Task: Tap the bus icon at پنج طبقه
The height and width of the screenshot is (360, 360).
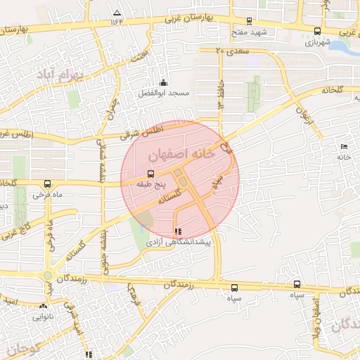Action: coord(150,174)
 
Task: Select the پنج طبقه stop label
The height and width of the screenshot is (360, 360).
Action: coord(150,184)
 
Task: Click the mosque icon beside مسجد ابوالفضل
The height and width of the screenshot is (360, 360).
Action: coord(163,82)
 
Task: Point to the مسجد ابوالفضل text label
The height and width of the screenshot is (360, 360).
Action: coord(162,93)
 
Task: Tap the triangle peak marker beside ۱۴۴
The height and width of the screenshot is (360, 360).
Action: coord(116,13)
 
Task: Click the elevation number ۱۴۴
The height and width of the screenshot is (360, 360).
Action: coord(116,22)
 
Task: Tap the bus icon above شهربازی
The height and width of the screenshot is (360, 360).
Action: coord(317,32)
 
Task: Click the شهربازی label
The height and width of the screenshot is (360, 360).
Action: coord(317,42)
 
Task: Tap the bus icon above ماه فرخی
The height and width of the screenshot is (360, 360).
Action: coord(46,184)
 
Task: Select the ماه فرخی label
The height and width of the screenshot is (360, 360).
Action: coord(46,194)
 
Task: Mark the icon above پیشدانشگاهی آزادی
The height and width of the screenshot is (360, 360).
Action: coord(178,231)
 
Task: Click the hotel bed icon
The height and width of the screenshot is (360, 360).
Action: coord(343,146)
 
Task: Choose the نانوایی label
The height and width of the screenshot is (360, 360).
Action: coord(44,316)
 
